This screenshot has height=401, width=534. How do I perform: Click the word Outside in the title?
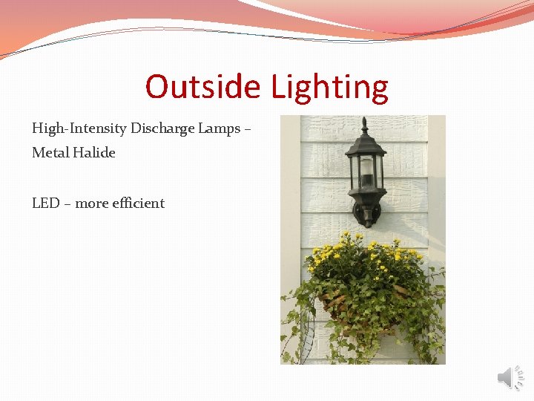(x=202, y=87)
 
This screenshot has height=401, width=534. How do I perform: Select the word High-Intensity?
(x=79, y=128)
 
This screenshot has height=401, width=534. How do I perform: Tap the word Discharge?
(x=162, y=128)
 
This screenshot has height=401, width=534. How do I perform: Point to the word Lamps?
(x=218, y=128)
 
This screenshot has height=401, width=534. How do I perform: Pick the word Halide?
(x=94, y=153)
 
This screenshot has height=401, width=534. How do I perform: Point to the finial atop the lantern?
(x=364, y=125)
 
